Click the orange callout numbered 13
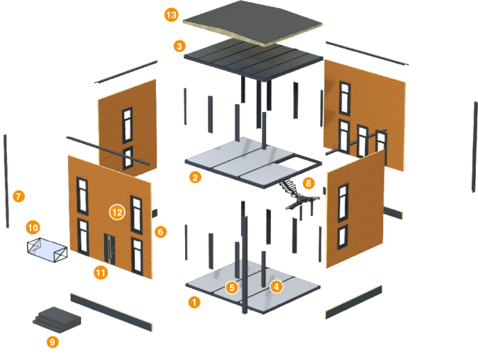click(x=171, y=14)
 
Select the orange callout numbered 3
click(x=180, y=46)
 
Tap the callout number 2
click(x=195, y=177)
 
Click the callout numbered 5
click(x=232, y=286)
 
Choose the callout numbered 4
click(x=276, y=285)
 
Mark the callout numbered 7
click(x=19, y=196)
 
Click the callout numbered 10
click(x=33, y=226)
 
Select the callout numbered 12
click(x=117, y=212)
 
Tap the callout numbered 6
click(x=161, y=232)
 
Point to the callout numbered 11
click(x=101, y=273)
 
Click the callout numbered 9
click(x=53, y=341)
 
